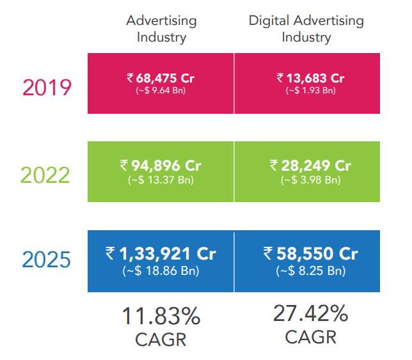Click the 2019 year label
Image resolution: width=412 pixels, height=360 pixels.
[47, 86]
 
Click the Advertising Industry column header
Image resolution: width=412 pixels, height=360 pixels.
[161, 29]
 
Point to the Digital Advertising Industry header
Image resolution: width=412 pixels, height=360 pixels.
[306, 29]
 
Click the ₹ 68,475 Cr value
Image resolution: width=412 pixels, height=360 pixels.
[161, 78]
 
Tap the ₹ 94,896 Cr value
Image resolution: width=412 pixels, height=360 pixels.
[161, 166]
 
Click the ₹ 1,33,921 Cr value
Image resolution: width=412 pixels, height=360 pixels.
[161, 253]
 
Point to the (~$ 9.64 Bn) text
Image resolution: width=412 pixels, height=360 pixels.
[161, 91]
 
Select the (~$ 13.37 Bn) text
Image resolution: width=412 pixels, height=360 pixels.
[161, 180]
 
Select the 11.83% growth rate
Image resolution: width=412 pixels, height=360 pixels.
[161, 316]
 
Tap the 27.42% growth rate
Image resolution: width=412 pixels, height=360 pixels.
[310, 313]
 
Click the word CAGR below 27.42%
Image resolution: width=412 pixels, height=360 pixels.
[310, 336]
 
